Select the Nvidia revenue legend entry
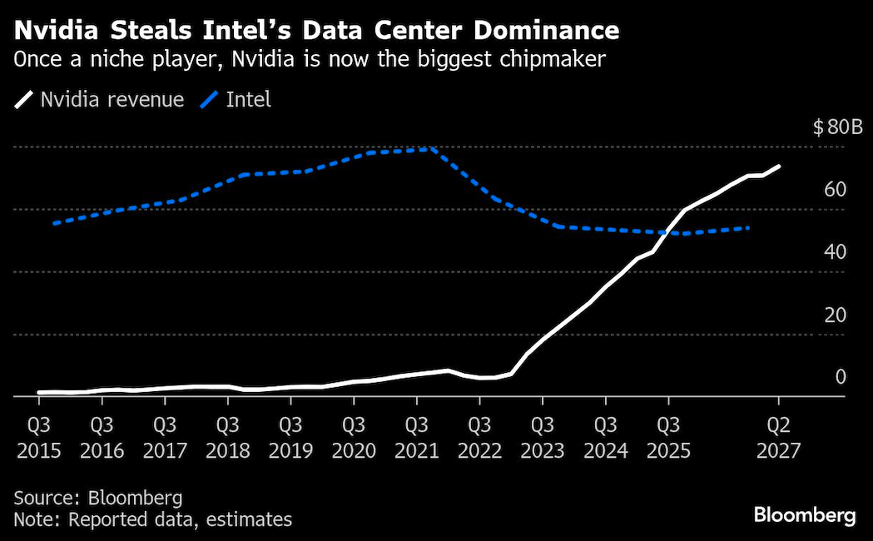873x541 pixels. (x=101, y=101)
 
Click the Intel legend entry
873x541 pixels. (x=238, y=101)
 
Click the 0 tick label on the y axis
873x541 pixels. (x=841, y=377)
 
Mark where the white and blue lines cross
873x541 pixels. (x=671, y=232)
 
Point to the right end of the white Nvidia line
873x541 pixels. (x=779, y=166)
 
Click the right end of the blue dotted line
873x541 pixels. (x=750, y=227)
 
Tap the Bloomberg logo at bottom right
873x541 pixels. (x=804, y=516)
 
